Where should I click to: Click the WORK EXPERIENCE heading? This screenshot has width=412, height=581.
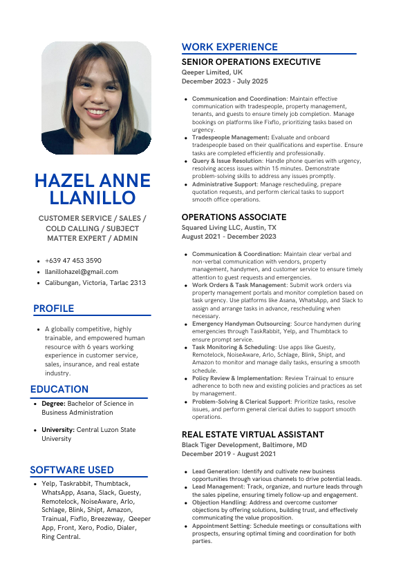[x=230, y=47]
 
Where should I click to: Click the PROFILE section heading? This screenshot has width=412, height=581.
[x=53, y=308]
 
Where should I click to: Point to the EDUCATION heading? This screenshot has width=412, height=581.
[x=59, y=389]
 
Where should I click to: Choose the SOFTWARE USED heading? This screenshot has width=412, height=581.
[x=72, y=470]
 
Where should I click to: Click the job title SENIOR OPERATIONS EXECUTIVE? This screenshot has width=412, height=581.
[x=251, y=62]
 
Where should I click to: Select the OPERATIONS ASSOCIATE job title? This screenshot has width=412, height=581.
[x=234, y=217]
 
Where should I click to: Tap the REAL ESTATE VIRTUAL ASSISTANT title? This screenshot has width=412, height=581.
[x=252, y=435]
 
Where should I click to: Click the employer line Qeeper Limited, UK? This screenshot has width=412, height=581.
[x=212, y=72]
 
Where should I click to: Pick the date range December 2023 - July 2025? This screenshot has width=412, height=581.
[x=225, y=81]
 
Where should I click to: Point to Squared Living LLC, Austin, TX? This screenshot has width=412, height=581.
[x=229, y=227]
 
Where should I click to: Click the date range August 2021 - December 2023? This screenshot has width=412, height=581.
[x=229, y=237]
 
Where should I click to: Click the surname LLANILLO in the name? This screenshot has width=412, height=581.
[x=93, y=199]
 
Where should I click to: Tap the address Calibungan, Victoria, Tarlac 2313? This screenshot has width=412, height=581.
[x=95, y=282]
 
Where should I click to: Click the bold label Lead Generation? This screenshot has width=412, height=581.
[x=215, y=471]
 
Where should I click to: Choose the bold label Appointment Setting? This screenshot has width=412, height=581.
[x=221, y=526]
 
